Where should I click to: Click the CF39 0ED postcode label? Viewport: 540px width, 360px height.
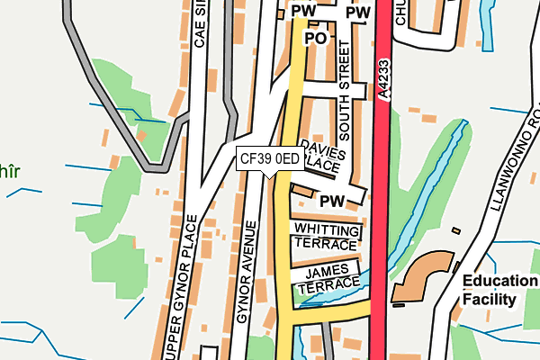(270, 159)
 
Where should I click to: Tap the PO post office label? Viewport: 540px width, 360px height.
(315, 39)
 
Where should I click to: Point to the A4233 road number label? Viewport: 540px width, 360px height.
(383, 82)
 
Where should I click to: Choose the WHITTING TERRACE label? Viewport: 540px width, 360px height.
(326, 238)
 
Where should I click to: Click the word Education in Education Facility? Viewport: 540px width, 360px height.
(499, 281)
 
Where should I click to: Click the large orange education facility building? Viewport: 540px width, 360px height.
(423, 274)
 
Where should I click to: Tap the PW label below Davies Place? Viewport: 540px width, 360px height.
(333, 199)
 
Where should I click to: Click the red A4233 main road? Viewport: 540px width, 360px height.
(380, 225)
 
